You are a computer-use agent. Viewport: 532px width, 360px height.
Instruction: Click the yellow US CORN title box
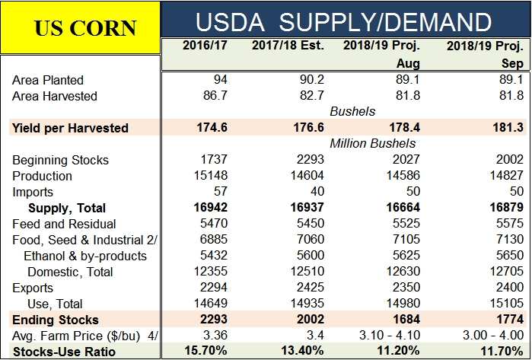81,27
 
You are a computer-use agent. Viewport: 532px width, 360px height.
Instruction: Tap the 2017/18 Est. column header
288,45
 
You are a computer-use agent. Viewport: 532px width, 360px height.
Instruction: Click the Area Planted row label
48,80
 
